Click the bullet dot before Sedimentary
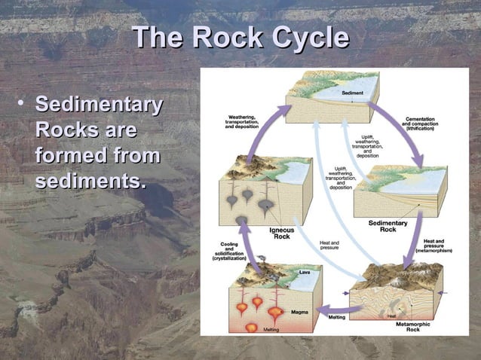pos(24,103)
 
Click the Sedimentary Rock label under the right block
pos(388,226)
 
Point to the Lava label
pos(305,271)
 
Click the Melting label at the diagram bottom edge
pos(271,330)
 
